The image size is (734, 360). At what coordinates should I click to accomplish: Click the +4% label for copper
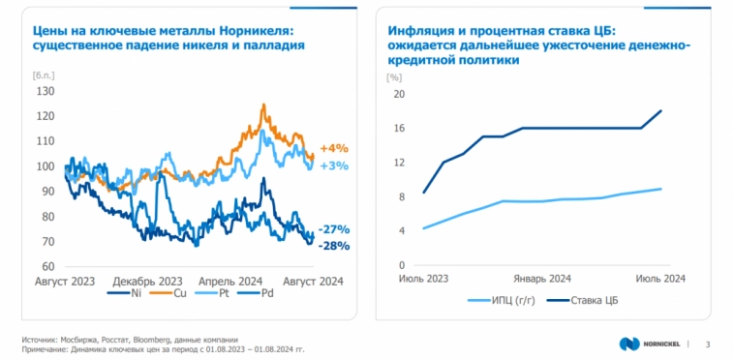[x=334, y=148]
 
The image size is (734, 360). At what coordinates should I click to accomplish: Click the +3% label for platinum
[x=334, y=165]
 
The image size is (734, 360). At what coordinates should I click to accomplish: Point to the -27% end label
[x=334, y=229]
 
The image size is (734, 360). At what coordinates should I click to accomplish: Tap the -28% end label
[x=334, y=246]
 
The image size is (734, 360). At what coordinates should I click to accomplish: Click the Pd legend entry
[x=266, y=293]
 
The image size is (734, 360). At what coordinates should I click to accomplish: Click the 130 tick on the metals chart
[x=44, y=91]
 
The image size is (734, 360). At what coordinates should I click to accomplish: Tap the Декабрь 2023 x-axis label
[x=140, y=281]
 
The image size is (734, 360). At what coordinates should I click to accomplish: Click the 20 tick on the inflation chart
[x=397, y=94]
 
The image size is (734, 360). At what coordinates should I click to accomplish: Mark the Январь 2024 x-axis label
[x=541, y=279]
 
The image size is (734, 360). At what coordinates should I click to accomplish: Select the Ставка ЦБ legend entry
[x=596, y=301]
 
